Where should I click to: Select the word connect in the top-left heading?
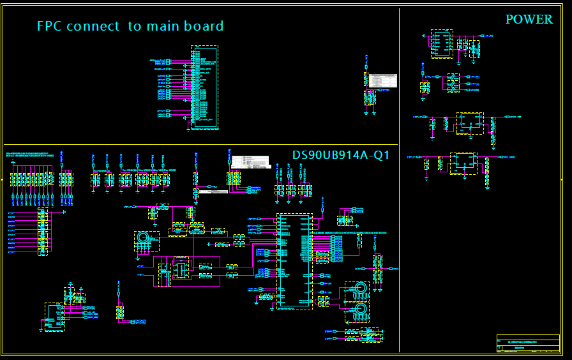pyautogui.click(x=93, y=26)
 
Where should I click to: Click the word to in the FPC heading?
pyautogui.click(x=134, y=26)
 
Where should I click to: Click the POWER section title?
pyautogui.click(x=529, y=20)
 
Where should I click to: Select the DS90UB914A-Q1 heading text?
pyautogui.click(x=341, y=155)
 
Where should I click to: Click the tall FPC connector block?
pyautogui.click(x=204, y=87)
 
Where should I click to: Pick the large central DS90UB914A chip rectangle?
pyautogui.click(x=294, y=261)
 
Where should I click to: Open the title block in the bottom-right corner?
pyautogui.click(x=528, y=343)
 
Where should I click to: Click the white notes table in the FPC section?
pyautogui.click(x=383, y=81)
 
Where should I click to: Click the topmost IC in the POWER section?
pyautogui.click(x=441, y=43)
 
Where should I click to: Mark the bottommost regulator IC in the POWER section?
pyautogui.click(x=463, y=163)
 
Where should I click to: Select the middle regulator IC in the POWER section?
pyautogui.click(x=470, y=123)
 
